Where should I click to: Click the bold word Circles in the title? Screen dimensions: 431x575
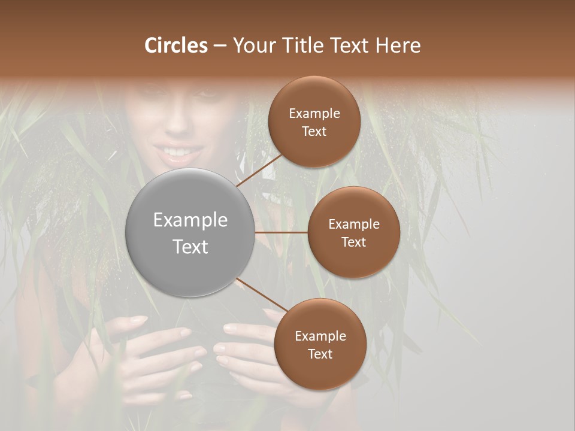point(176,45)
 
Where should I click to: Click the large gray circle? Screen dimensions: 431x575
point(190,232)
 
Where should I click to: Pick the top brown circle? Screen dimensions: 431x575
point(314,122)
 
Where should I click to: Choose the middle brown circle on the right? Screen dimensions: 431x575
point(353,232)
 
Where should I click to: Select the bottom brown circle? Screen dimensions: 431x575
point(320,344)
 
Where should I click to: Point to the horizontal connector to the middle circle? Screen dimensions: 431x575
point(282,232)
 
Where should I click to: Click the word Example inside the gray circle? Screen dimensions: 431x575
point(190,220)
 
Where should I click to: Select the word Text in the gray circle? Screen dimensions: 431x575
point(190,247)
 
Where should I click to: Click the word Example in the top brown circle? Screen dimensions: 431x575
point(314,114)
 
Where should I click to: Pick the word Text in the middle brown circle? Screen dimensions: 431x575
point(353,242)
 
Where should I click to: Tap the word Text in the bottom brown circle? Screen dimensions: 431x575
point(320,354)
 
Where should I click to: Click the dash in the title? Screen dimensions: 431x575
point(220,46)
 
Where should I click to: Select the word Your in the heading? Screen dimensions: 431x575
point(251,45)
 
